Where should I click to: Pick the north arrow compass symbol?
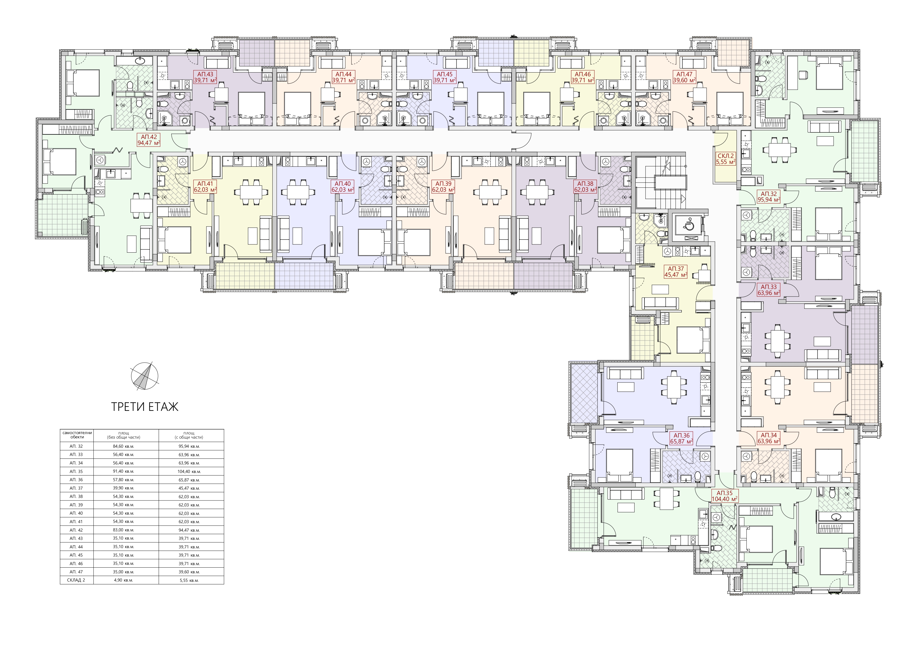(x=144, y=376)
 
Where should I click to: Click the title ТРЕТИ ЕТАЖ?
(x=145, y=407)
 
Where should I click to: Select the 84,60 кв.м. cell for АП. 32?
(x=126, y=446)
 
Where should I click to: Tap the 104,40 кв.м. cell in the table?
(x=191, y=472)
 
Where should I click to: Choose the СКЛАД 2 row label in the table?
(x=77, y=580)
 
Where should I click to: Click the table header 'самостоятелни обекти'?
(x=77, y=435)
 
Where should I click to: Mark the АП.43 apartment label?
(x=206, y=77)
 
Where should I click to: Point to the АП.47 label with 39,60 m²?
(x=684, y=77)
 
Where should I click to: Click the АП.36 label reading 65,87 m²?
(x=681, y=439)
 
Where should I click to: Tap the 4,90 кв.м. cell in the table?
(x=126, y=580)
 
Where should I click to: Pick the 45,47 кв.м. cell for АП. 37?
(x=191, y=488)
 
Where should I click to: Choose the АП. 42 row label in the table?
(x=77, y=530)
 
